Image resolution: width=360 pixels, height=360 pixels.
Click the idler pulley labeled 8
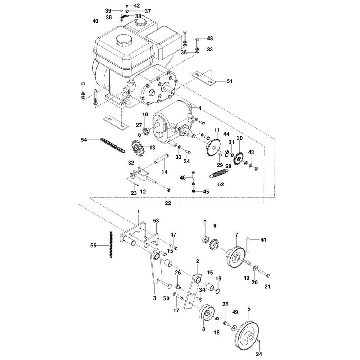pyautogui.click(x=205, y=314)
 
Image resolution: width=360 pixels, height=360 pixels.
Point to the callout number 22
pyautogui.click(x=168, y=203)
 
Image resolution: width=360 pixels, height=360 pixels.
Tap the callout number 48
pyautogui.click(x=210, y=38)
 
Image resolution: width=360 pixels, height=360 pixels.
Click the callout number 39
pyautogui.click(x=108, y=10)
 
